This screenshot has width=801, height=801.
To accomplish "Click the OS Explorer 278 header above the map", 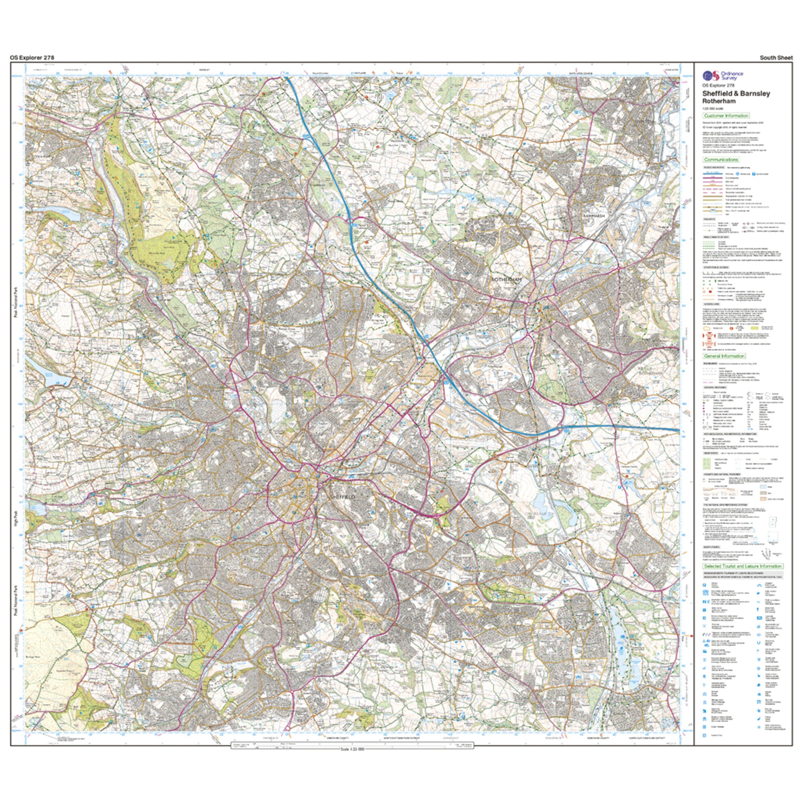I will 32,58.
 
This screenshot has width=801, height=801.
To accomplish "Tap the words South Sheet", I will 776,58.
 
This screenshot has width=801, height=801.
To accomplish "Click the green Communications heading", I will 721,160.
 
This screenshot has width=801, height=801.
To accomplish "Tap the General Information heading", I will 724,356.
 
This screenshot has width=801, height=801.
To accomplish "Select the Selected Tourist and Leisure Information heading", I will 743,566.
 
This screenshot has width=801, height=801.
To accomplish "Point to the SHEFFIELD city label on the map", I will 343,496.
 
